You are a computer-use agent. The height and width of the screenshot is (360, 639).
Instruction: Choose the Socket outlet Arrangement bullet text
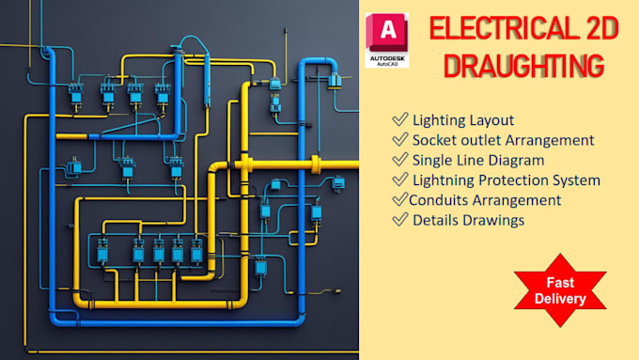coord(503,140)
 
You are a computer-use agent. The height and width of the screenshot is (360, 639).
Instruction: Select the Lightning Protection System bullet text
coord(507,180)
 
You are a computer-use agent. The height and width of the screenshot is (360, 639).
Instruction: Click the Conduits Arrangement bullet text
coord(485,199)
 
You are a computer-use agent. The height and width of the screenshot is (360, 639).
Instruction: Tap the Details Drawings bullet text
coord(468,220)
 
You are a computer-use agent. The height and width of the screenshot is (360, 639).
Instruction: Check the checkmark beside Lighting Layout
coord(400,119)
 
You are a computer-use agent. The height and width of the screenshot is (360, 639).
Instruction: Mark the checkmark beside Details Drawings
coord(400,220)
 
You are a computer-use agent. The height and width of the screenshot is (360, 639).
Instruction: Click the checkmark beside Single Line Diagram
coord(400,160)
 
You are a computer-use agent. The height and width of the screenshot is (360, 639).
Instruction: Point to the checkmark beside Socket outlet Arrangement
coord(400,140)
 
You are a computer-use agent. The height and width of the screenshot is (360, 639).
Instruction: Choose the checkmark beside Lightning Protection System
coord(400,180)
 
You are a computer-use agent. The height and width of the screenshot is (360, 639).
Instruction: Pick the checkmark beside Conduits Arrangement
coord(398,199)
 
